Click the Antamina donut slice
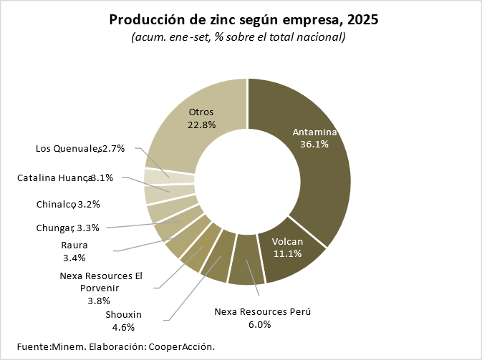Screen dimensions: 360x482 pyautogui.click(x=315, y=165)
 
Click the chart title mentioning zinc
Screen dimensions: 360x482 pyautogui.click(x=244, y=19)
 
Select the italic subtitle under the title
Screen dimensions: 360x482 pyautogui.click(x=238, y=37)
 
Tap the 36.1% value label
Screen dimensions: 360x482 pyautogui.click(x=315, y=144)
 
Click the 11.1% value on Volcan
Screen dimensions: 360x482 pyautogui.click(x=286, y=253)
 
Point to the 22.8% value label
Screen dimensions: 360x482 pyautogui.click(x=202, y=125)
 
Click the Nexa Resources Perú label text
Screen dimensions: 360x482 pyautogui.click(x=263, y=311)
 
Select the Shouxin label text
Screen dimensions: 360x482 pyautogui.click(x=124, y=314)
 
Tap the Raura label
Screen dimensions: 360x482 pyautogui.click(x=74, y=245)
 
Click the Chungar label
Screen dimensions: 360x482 pyautogui.click(x=54, y=228)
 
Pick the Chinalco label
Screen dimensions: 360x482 pyautogui.click(x=56, y=204)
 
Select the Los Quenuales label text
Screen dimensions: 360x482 pyautogui.click(x=67, y=149)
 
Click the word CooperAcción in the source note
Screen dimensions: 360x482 pyautogui.click(x=180, y=346)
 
